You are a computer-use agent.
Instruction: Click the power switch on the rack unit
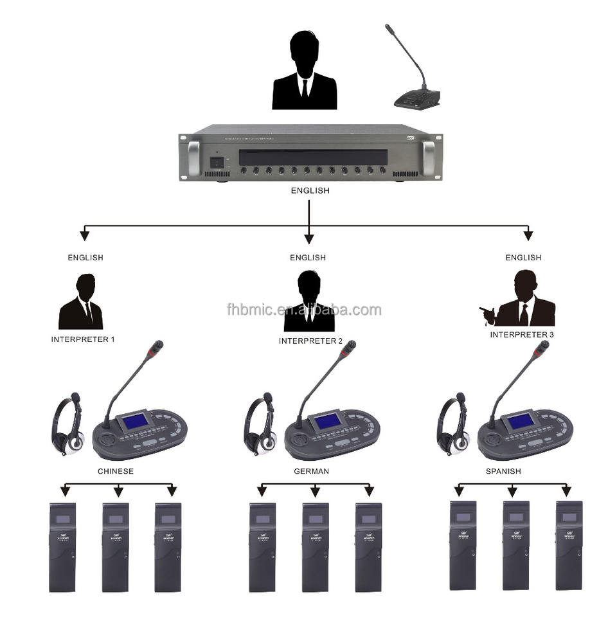[x=219, y=163]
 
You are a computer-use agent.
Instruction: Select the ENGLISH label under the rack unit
[x=309, y=191]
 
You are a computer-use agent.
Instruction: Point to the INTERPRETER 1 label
[x=83, y=339]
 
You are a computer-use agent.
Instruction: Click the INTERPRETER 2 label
[x=310, y=341]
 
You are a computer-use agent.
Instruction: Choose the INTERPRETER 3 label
[x=521, y=335]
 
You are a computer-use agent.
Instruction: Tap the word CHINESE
[x=116, y=471]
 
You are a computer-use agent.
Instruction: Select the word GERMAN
[x=310, y=471]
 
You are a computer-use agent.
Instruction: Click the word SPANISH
[x=503, y=471]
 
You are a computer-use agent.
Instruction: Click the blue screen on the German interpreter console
[x=327, y=421]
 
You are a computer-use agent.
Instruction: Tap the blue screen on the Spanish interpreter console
[x=520, y=421]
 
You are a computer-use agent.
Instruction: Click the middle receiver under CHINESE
[x=116, y=547]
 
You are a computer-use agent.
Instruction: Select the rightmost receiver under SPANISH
[x=569, y=545]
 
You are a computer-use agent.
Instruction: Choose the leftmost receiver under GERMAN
[x=262, y=547]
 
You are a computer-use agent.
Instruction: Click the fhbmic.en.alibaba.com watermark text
[x=304, y=310]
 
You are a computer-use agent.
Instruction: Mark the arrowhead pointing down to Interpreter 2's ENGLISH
[x=309, y=239]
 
